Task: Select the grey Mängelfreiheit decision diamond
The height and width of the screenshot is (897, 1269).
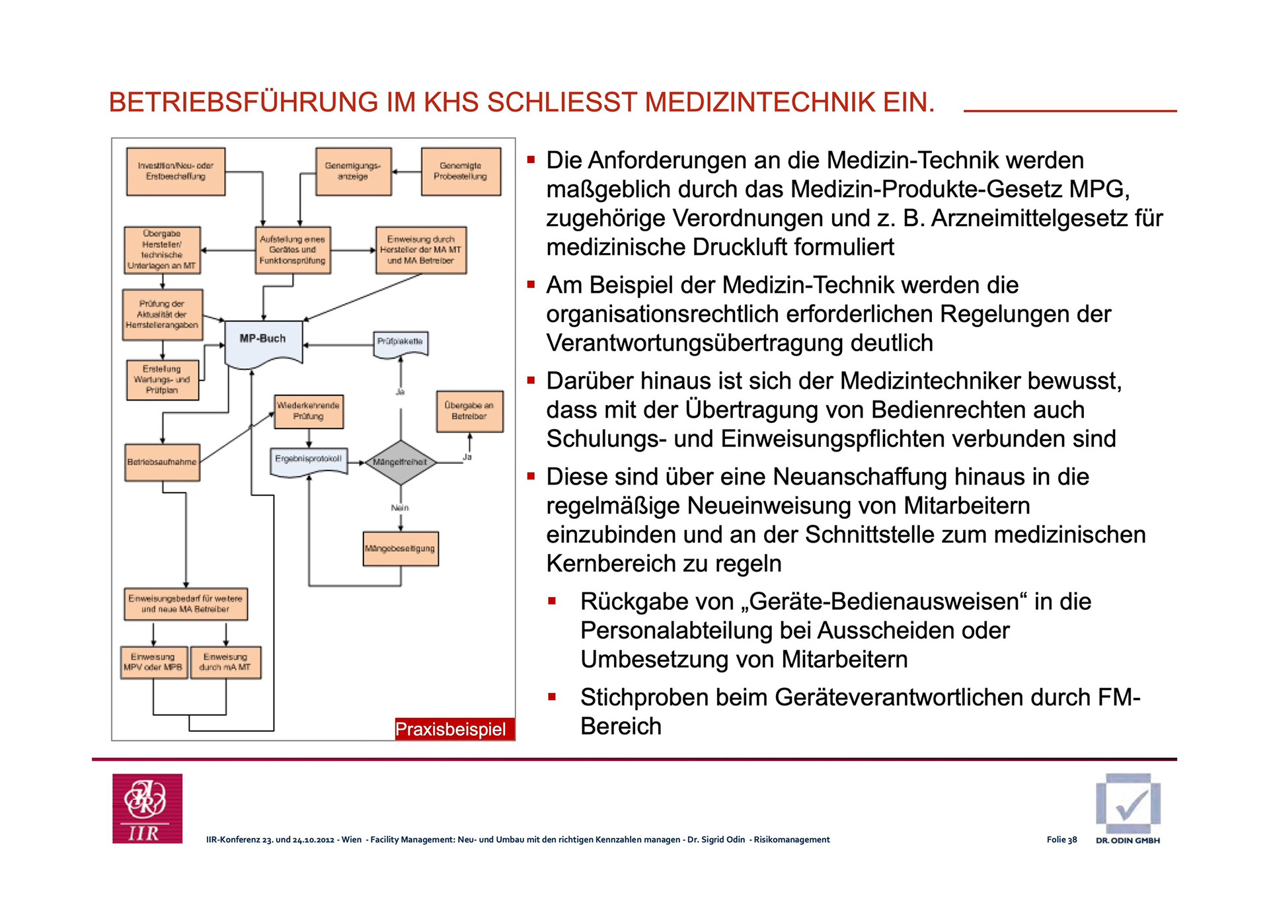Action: tap(400, 462)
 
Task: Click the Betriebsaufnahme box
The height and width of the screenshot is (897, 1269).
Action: tap(162, 462)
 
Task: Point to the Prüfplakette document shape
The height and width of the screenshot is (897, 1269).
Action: tap(400, 342)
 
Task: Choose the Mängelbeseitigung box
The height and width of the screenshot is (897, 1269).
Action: tap(401, 549)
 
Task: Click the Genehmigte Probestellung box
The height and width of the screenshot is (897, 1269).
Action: tap(461, 171)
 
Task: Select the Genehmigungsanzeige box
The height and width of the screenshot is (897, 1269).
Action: tap(353, 171)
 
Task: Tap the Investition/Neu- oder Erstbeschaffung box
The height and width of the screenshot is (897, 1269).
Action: tap(176, 171)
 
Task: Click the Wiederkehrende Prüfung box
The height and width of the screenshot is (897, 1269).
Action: tap(309, 411)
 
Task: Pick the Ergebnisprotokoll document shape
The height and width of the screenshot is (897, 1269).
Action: tap(309, 460)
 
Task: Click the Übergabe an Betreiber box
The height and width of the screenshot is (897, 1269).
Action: tap(469, 411)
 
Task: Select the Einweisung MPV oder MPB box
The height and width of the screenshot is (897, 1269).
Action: tap(153, 662)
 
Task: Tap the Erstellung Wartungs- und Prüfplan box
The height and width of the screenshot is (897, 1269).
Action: tap(162, 380)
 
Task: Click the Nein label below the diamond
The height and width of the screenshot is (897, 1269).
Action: tap(400, 508)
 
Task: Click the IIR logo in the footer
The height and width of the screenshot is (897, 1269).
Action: tap(147, 808)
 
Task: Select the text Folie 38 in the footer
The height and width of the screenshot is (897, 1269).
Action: tap(1061, 839)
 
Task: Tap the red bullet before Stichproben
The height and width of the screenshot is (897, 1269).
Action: tap(552, 697)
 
